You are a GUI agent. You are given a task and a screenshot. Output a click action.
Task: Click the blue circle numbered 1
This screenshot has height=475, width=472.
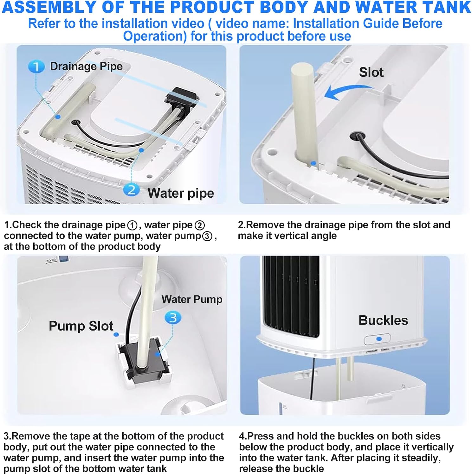[x=36, y=67]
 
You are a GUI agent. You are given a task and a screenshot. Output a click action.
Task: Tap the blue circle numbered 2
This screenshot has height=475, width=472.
[x=131, y=190]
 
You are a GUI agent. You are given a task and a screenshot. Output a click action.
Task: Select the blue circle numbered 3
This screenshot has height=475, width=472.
[x=173, y=318]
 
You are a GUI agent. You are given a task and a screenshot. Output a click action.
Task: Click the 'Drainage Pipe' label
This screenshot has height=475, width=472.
[x=86, y=66]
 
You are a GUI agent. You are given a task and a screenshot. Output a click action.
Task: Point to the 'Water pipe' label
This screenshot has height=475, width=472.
[x=181, y=193]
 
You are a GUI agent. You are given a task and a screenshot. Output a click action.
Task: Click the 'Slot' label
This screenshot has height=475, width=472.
[x=371, y=72]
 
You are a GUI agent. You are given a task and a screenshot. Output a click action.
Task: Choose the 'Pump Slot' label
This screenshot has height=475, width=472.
[x=81, y=326]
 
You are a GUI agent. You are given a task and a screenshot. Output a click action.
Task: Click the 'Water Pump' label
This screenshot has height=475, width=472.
[x=192, y=299]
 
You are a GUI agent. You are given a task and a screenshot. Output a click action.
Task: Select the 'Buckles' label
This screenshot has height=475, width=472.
[x=383, y=320]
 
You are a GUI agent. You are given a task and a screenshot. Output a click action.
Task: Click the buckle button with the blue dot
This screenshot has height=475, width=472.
[x=377, y=339]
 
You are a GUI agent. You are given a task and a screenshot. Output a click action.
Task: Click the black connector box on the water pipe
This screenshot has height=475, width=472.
[x=181, y=96]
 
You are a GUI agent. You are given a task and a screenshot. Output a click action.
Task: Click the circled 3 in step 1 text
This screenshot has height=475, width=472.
[x=207, y=236]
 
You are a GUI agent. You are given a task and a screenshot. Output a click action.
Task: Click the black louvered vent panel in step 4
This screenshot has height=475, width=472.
[x=291, y=296]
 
